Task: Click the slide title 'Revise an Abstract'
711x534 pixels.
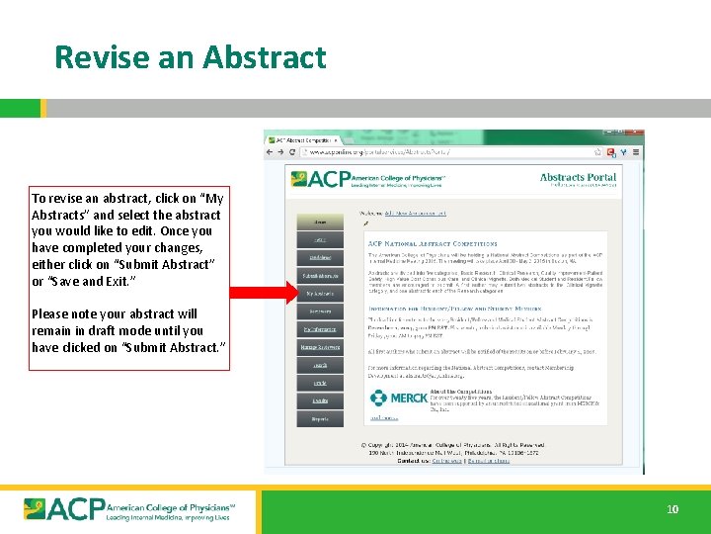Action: click(x=190, y=57)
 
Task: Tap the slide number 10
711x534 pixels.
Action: click(x=672, y=509)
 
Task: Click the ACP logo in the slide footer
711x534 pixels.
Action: click(x=127, y=508)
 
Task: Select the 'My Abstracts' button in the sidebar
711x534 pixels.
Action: click(x=320, y=294)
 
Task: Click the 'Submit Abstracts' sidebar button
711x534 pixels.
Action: click(x=320, y=276)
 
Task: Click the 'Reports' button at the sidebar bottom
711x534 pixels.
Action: click(x=320, y=418)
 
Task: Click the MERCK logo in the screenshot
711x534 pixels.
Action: click(x=400, y=399)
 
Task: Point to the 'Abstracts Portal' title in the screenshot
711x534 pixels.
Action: click(x=578, y=178)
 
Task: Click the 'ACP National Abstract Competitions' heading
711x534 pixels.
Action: click(x=433, y=243)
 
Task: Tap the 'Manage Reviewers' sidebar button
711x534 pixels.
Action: click(x=320, y=347)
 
